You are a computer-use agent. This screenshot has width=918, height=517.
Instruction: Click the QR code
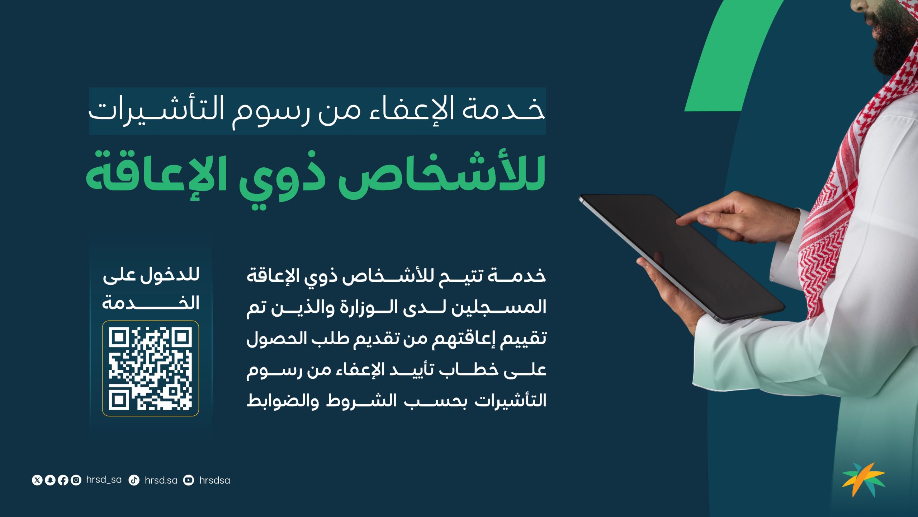(150, 368)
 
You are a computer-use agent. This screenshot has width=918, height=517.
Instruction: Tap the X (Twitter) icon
(37, 480)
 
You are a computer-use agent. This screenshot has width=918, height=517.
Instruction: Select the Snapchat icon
(50, 480)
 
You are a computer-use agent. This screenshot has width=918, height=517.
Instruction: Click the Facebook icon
(63, 480)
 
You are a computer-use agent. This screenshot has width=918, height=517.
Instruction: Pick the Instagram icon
(76, 480)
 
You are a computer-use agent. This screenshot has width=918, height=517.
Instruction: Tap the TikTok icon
(134, 480)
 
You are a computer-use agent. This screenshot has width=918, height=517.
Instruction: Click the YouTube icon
(188, 480)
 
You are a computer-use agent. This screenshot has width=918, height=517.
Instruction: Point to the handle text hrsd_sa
(104, 480)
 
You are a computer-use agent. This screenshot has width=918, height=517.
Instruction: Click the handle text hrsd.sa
(161, 480)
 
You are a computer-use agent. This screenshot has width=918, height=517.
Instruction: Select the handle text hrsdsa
(214, 480)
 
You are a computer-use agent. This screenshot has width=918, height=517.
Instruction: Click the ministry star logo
(864, 479)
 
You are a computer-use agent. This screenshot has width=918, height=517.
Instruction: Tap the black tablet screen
(680, 257)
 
